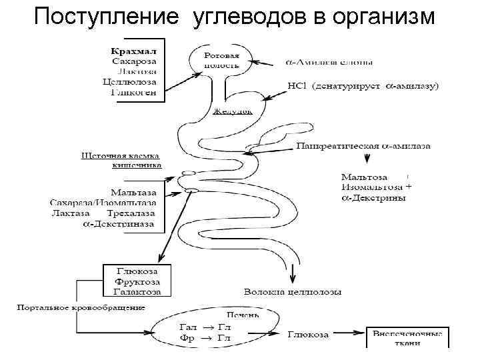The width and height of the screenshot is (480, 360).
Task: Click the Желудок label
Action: pyautogui.click(x=232, y=111)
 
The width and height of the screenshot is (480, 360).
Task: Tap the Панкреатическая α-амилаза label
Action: pyautogui.click(x=363, y=145)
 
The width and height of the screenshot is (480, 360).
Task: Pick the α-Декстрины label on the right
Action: pyautogui.click(x=374, y=198)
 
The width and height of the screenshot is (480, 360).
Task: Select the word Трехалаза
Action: pyautogui.click(x=131, y=213)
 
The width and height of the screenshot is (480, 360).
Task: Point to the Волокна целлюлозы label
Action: pyautogui.click(x=293, y=292)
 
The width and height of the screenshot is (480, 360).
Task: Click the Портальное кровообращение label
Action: pyautogui.click(x=81, y=307)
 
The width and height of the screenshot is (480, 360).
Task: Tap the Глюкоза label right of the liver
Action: pyautogui.click(x=308, y=334)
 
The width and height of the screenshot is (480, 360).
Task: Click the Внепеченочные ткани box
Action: pyautogui.click(x=407, y=337)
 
